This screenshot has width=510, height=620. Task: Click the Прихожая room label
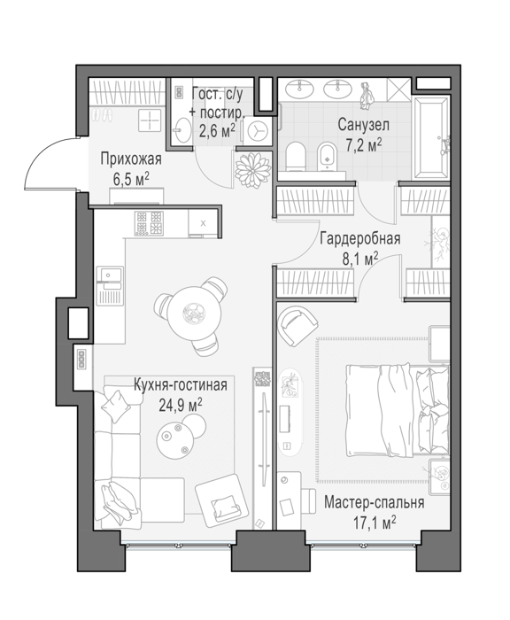(131, 159)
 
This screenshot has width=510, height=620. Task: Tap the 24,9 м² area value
(181, 406)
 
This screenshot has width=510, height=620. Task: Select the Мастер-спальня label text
(374, 502)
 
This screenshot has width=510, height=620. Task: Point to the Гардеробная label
(360, 238)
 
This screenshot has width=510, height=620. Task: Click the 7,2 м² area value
(364, 145)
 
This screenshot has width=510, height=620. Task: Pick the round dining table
(194, 314)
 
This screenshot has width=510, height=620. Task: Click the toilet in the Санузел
(296, 157)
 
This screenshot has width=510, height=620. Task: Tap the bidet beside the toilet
(327, 157)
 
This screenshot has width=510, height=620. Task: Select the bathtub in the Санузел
(431, 137)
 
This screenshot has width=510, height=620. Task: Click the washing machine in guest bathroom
(258, 129)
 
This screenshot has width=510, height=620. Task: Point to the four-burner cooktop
(149, 223)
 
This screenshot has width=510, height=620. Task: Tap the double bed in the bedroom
(398, 410)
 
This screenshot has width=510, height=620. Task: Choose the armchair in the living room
(220, 500)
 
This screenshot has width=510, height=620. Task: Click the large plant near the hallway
(253, 170)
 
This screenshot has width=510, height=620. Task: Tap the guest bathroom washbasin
(182, 129)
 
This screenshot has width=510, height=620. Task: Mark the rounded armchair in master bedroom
(297, 325)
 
